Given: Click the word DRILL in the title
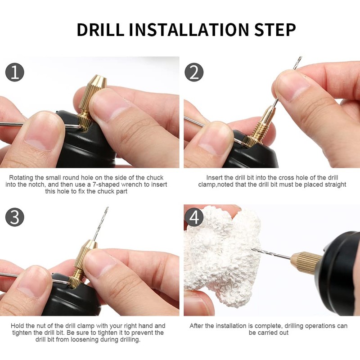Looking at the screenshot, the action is [100, 30].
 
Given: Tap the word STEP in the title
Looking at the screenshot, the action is [275, 30].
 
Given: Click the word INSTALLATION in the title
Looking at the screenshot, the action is [189, 30].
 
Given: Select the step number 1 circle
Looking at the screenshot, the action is [15, 72].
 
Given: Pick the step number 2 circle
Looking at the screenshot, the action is [194, 72].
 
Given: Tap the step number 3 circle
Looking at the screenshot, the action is [15, 217].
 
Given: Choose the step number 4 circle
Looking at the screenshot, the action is [194, 217].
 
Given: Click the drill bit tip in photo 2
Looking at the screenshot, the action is [301, 57].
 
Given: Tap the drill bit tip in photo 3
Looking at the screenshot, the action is [107, 207].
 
